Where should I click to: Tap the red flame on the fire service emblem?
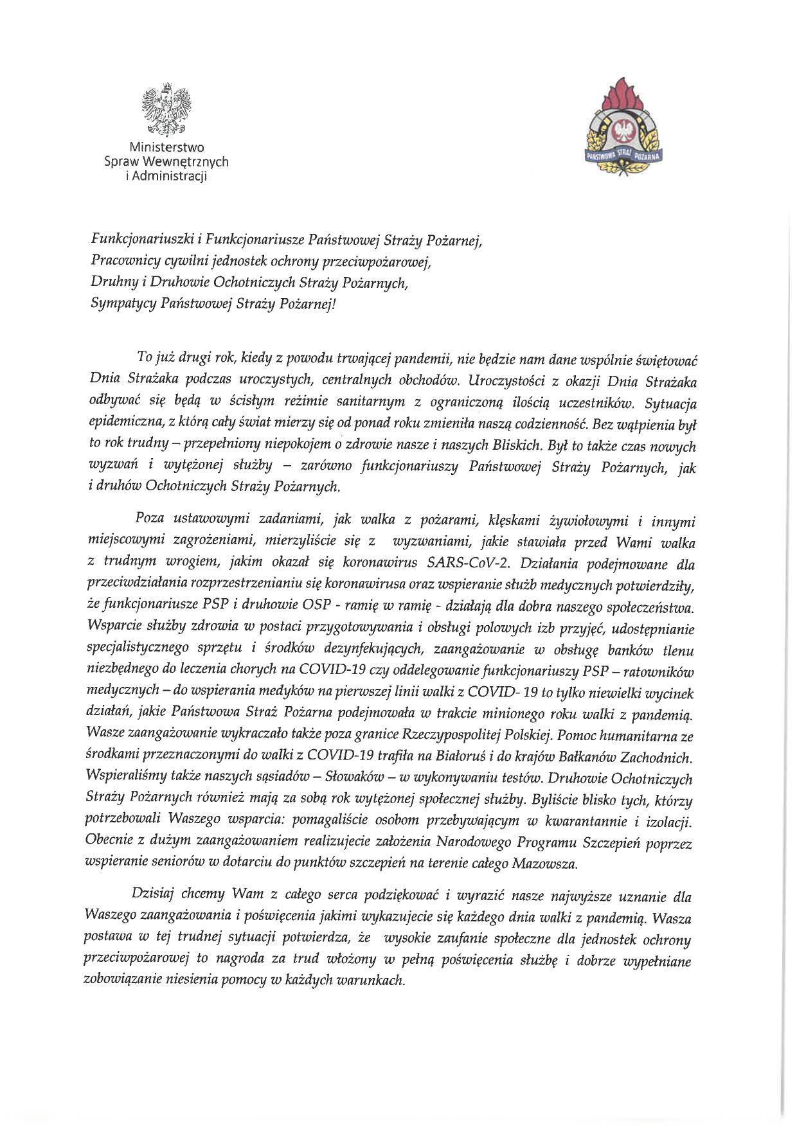click(622, 96)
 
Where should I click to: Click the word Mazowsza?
click(544, 864)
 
